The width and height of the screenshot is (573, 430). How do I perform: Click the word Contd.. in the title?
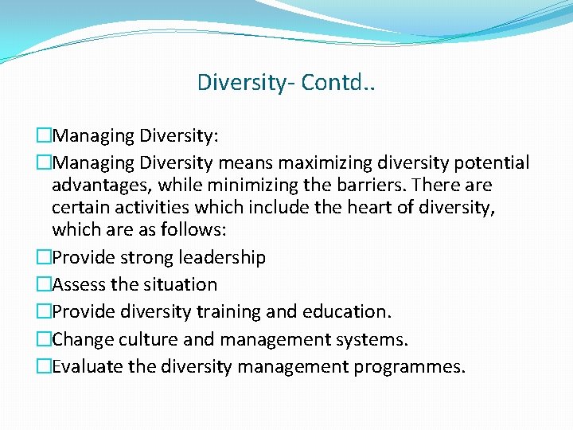[x=338, y=82]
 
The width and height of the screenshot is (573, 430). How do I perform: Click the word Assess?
[x=80, y=285]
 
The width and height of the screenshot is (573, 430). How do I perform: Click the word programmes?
[x=416, y=366]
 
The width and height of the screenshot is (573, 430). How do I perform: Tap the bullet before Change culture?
[x=44, y=340]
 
